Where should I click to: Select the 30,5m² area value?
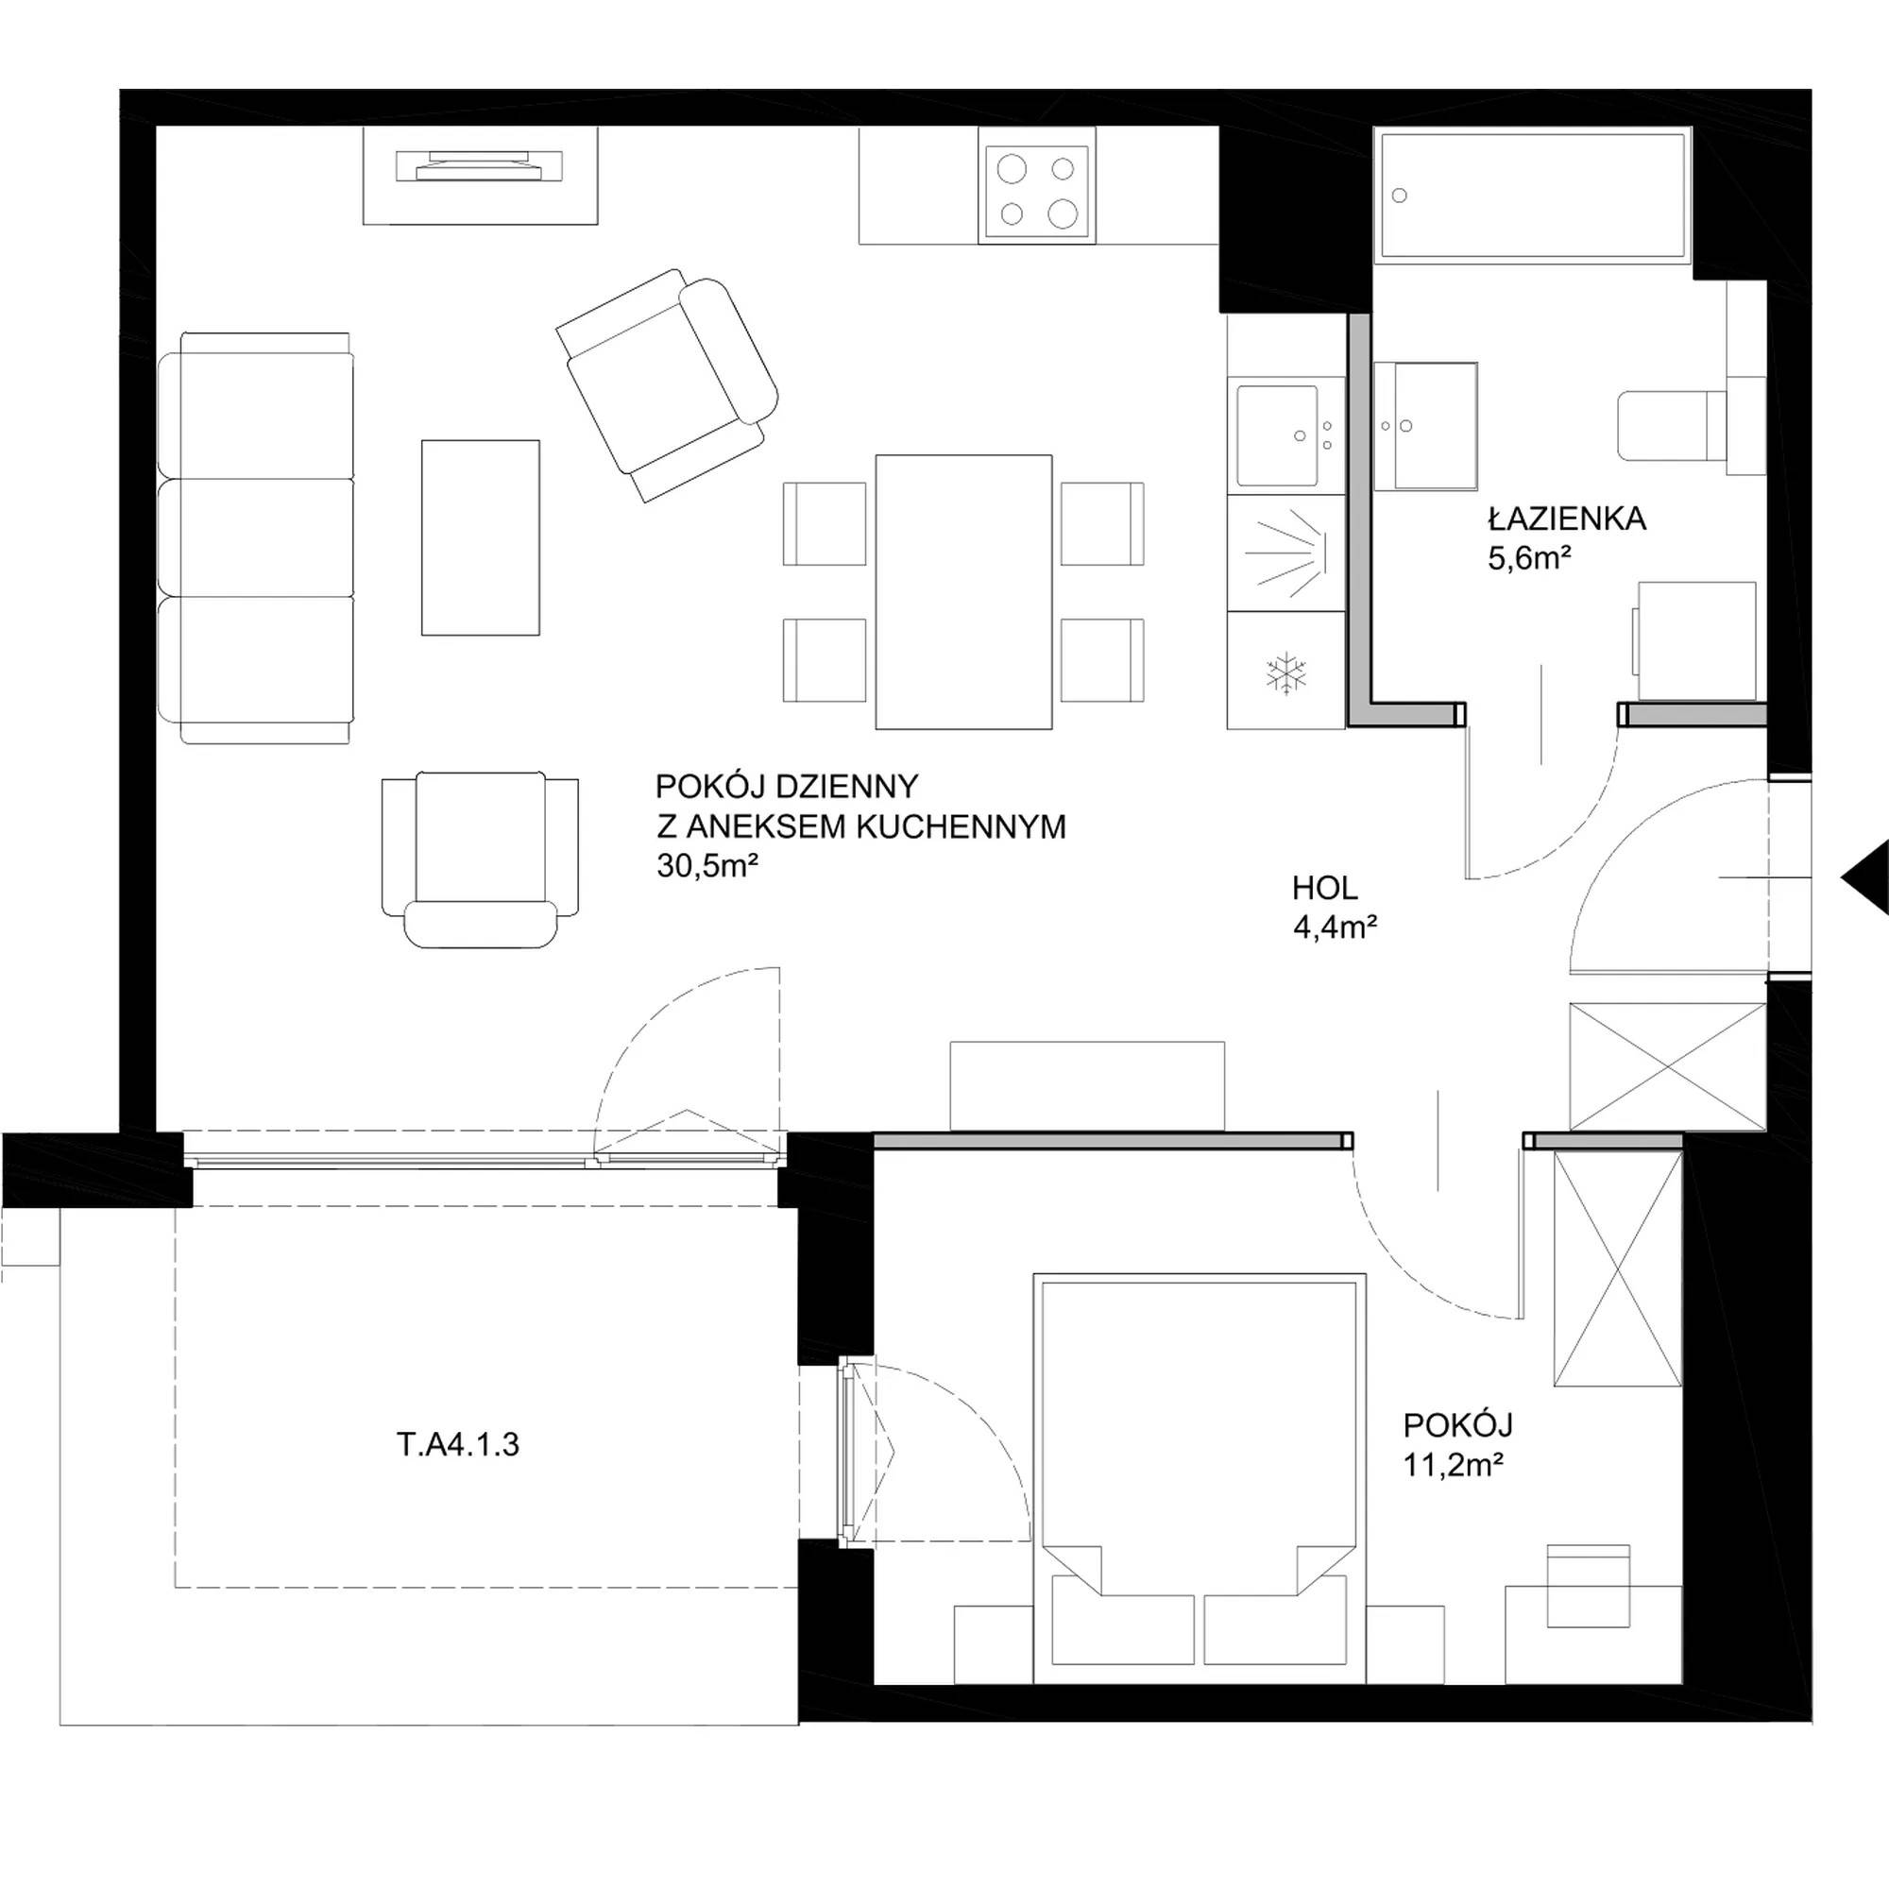point(707,866)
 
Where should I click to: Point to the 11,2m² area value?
point(1453,1466)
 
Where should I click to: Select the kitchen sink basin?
point(1277,435)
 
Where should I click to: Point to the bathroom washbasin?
point(1425,425)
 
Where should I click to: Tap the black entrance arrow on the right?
point(1864,877)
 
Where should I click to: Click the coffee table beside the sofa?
point(480,537)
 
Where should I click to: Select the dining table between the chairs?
point(963,591)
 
